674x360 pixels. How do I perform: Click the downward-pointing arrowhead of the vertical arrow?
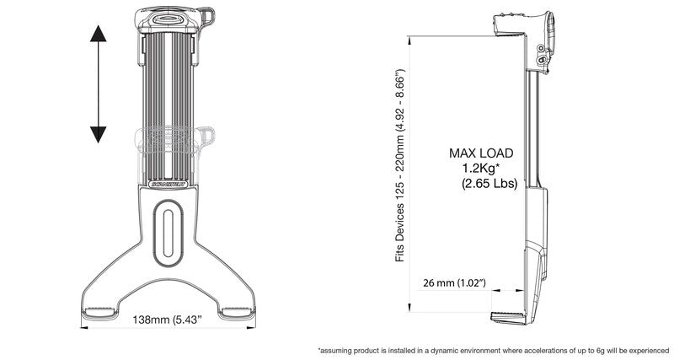click(x=99, y=133)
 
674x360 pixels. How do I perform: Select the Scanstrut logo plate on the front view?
click(x=170, y=179)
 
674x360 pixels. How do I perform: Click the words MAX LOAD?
click(x=482, y=153)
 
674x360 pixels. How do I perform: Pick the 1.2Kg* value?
click(x=482, y=167)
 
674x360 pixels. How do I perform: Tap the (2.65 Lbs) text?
click(x=489, y=181)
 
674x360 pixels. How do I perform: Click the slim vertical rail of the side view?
click(x=531, y=126)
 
